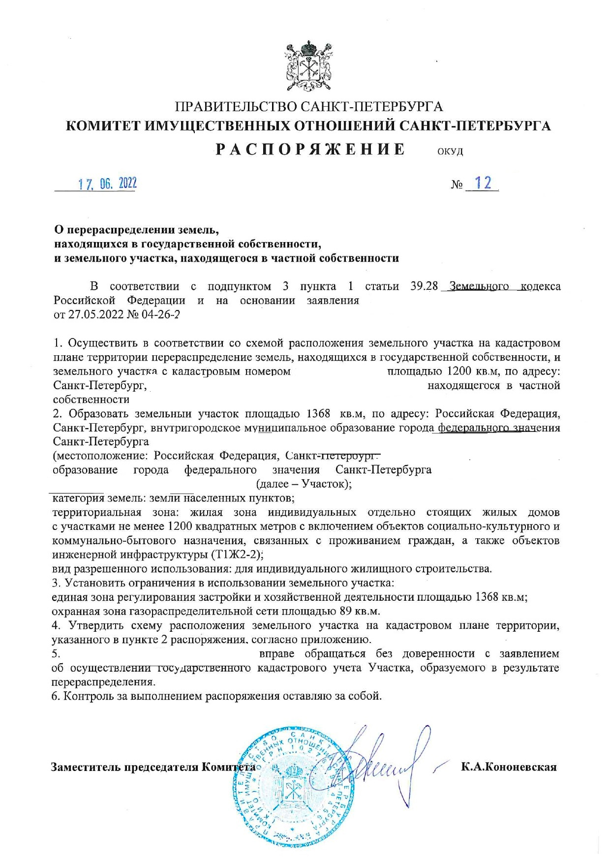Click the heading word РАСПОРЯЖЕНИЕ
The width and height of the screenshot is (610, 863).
(310, 150)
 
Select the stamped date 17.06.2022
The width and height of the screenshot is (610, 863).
(107, 184)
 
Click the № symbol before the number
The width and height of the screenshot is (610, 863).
(457, 185)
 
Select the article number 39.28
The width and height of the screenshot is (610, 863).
(424, 286)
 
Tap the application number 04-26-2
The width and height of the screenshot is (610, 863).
(160, 314)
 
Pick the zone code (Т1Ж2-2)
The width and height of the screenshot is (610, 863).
(237, 555)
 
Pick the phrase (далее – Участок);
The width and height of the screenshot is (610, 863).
(304, 484)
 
